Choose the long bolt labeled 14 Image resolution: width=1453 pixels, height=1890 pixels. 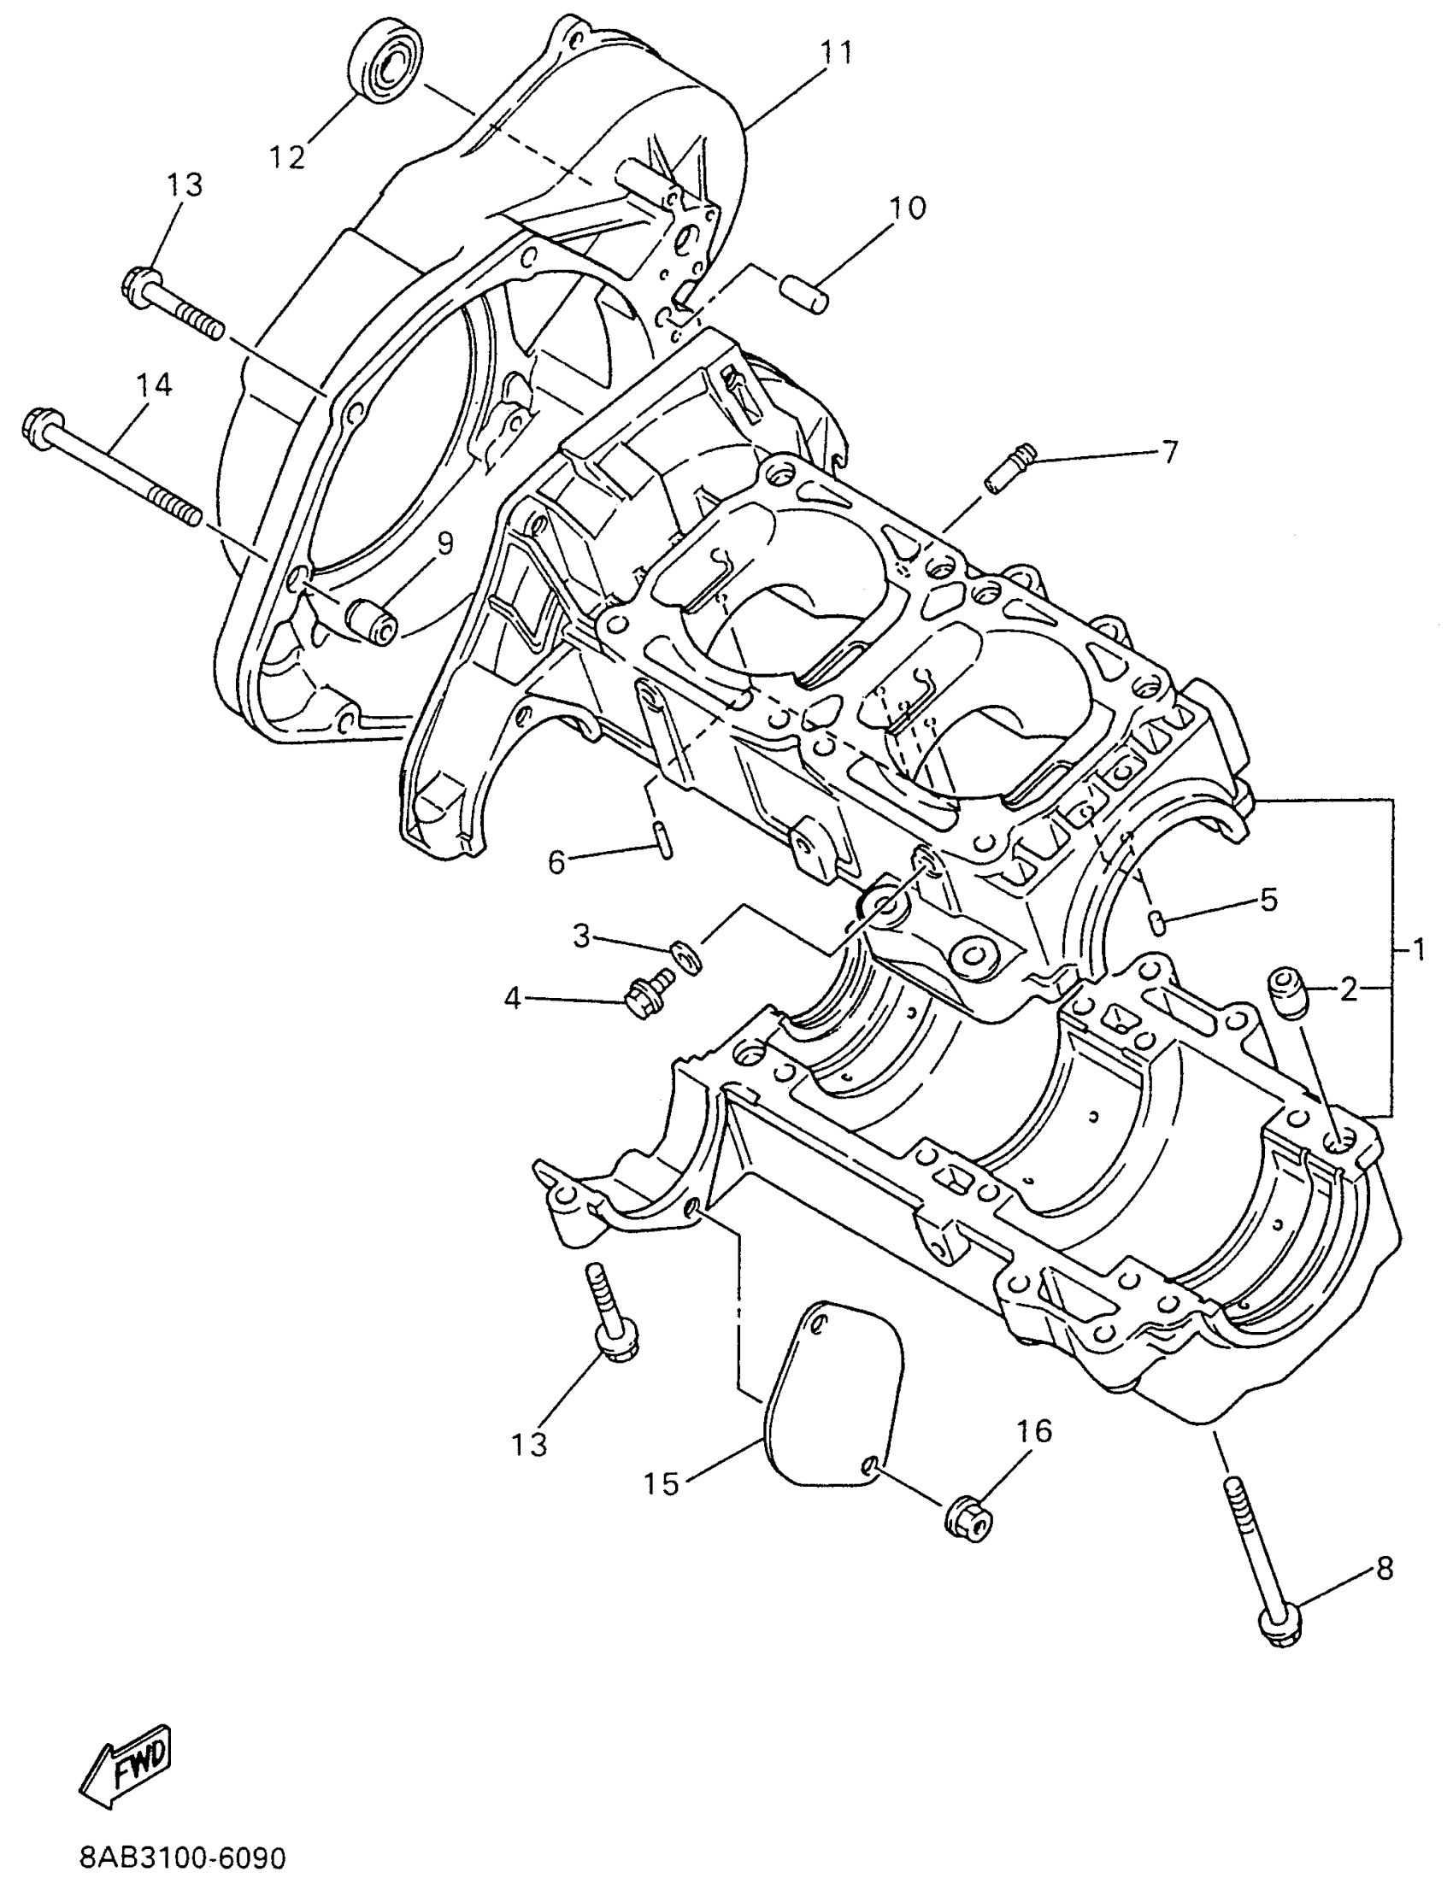click(113, 471)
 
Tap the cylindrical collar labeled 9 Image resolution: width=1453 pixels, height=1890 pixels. click(372, 624)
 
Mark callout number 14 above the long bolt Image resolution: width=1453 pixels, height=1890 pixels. click(153, 384)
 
